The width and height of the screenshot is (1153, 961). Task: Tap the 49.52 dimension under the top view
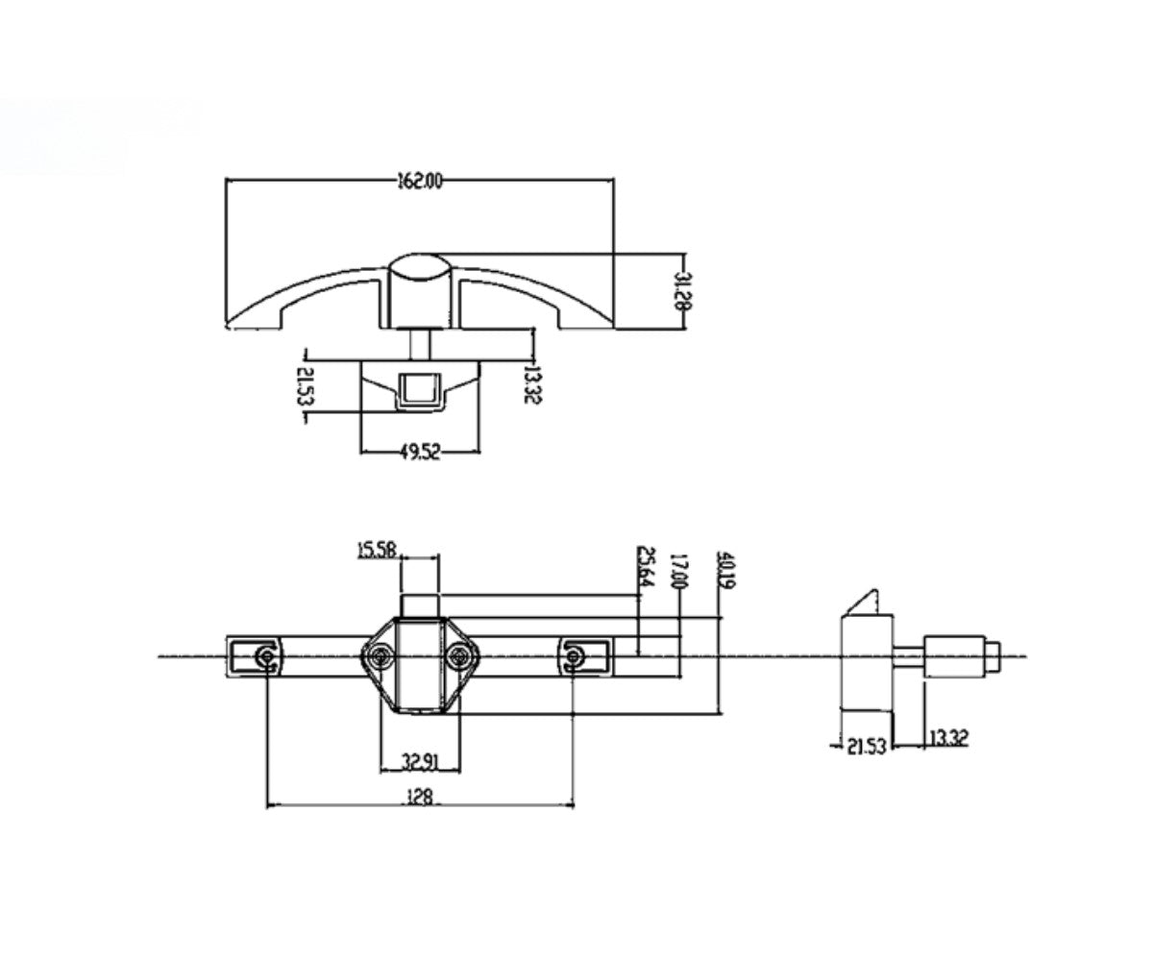pos(419,452)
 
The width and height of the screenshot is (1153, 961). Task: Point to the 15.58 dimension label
pos(378,551)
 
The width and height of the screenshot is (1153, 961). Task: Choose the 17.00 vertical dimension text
pos(679,572)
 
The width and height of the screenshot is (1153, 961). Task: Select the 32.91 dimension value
pos(420,763)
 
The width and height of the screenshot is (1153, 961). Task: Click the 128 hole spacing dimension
pos(420,796)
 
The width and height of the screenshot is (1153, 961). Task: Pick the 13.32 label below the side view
pos(948,738)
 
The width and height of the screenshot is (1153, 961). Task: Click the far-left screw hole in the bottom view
pos(264,656)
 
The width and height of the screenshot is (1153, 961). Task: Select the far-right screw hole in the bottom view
pos(574,656)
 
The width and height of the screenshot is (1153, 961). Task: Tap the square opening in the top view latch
pos(419,389)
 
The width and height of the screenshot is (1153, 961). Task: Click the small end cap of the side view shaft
pos(996,656)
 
